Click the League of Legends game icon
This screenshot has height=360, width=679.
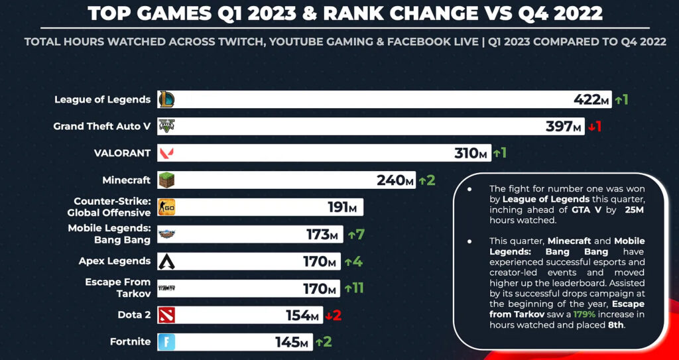point(166,99)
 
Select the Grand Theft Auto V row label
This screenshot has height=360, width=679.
point(102,126)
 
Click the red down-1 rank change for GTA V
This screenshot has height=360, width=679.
point(595,127)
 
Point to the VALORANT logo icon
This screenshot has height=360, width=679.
point(166,153)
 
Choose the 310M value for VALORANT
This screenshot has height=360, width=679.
point(471,153)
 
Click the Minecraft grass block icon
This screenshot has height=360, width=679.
point(166,180)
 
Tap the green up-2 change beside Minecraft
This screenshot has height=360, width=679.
point(427,180)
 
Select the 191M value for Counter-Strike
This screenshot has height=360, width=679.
point(342,208)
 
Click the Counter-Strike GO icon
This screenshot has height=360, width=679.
point(166,208)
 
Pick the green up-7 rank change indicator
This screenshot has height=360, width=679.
point(355,235)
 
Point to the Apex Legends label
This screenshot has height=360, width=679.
point(115,261)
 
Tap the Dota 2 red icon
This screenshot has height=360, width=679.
point(166,316)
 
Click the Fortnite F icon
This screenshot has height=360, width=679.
point(166,342)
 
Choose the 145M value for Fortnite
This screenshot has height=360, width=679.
point(292,342)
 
